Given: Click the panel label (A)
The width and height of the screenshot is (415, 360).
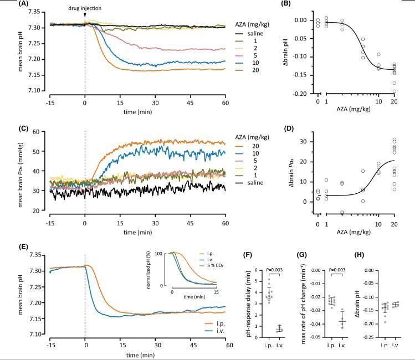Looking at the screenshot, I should pos(8,3).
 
